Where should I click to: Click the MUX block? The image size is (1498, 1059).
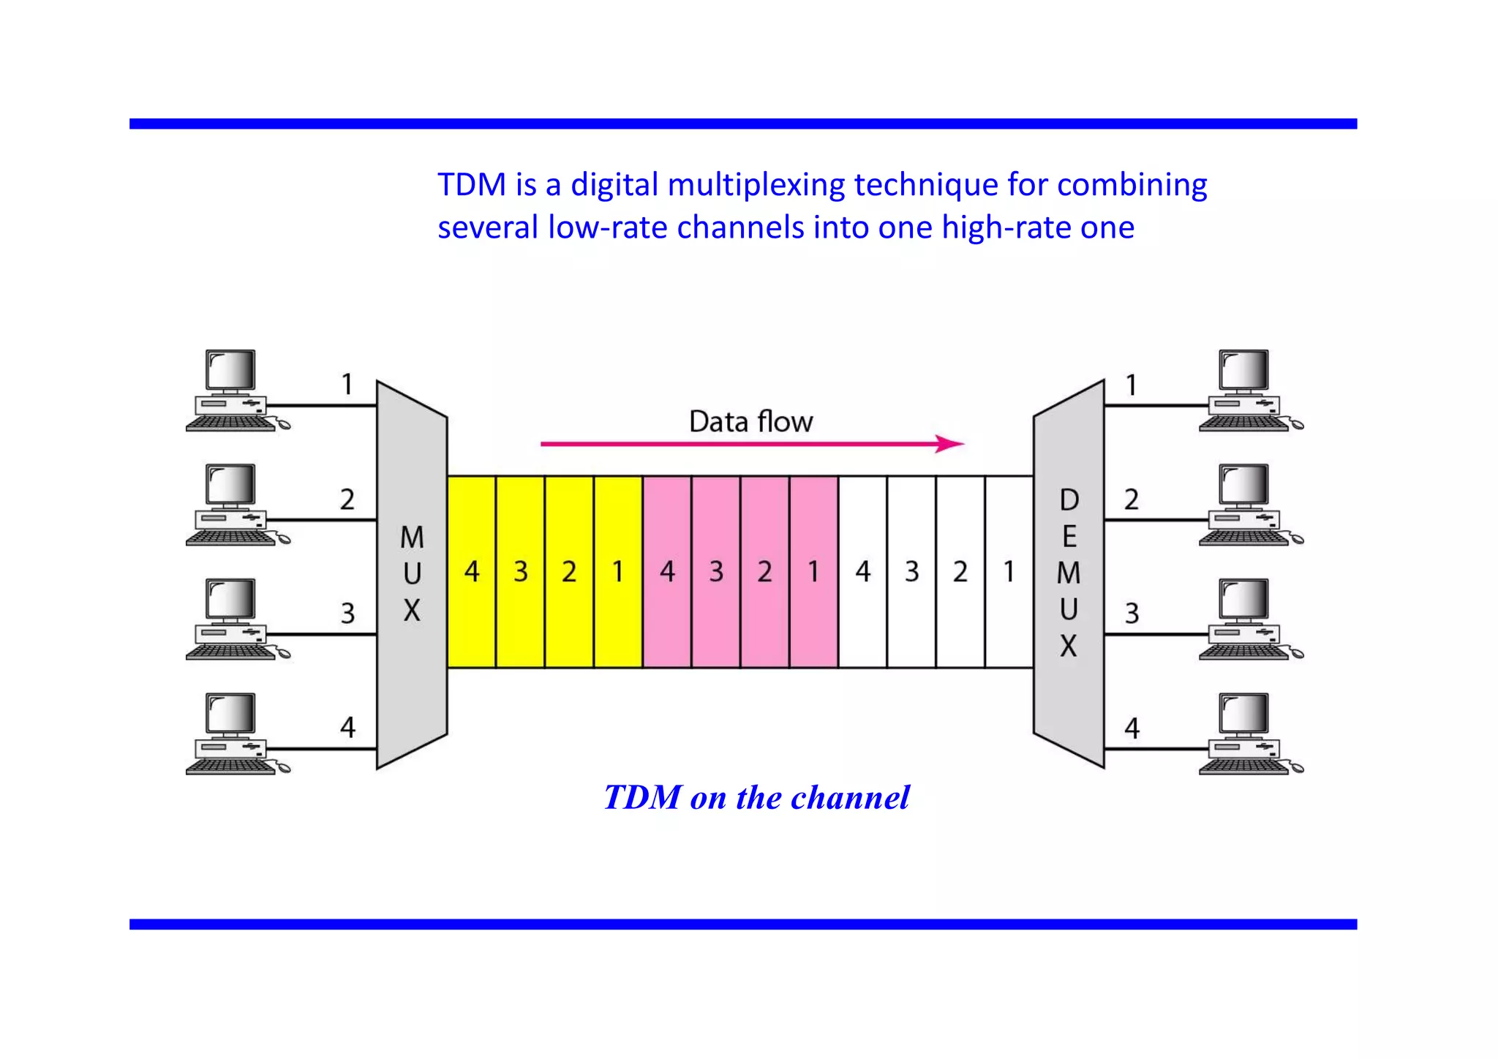(x=412, y=573)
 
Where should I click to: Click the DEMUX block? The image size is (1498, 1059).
(x=1069, y=573)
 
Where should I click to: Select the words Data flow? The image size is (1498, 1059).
(x=750, y=422)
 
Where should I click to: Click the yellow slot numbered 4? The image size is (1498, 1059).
(x=472, y=572)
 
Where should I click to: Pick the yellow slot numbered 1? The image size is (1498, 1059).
(x=618, y=572)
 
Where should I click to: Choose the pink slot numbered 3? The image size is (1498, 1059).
(x=716, y=572)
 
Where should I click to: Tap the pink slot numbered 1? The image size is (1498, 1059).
(x=813, y=572)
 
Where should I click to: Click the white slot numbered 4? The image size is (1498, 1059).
(x=863, y=572)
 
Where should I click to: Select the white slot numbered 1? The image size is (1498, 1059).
(x=1009, y=572)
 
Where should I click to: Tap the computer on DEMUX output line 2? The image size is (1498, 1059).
(x=1248, y=505)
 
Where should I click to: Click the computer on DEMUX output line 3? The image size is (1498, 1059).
(x=1248, y=619)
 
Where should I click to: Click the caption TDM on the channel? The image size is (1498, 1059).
(x=756, y=798)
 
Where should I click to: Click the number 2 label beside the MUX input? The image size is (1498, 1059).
(x=347, y=500)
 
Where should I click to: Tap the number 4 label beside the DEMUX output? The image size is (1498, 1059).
(x=1132, y=728)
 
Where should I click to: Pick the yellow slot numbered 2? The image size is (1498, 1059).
(x=569, y=572)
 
